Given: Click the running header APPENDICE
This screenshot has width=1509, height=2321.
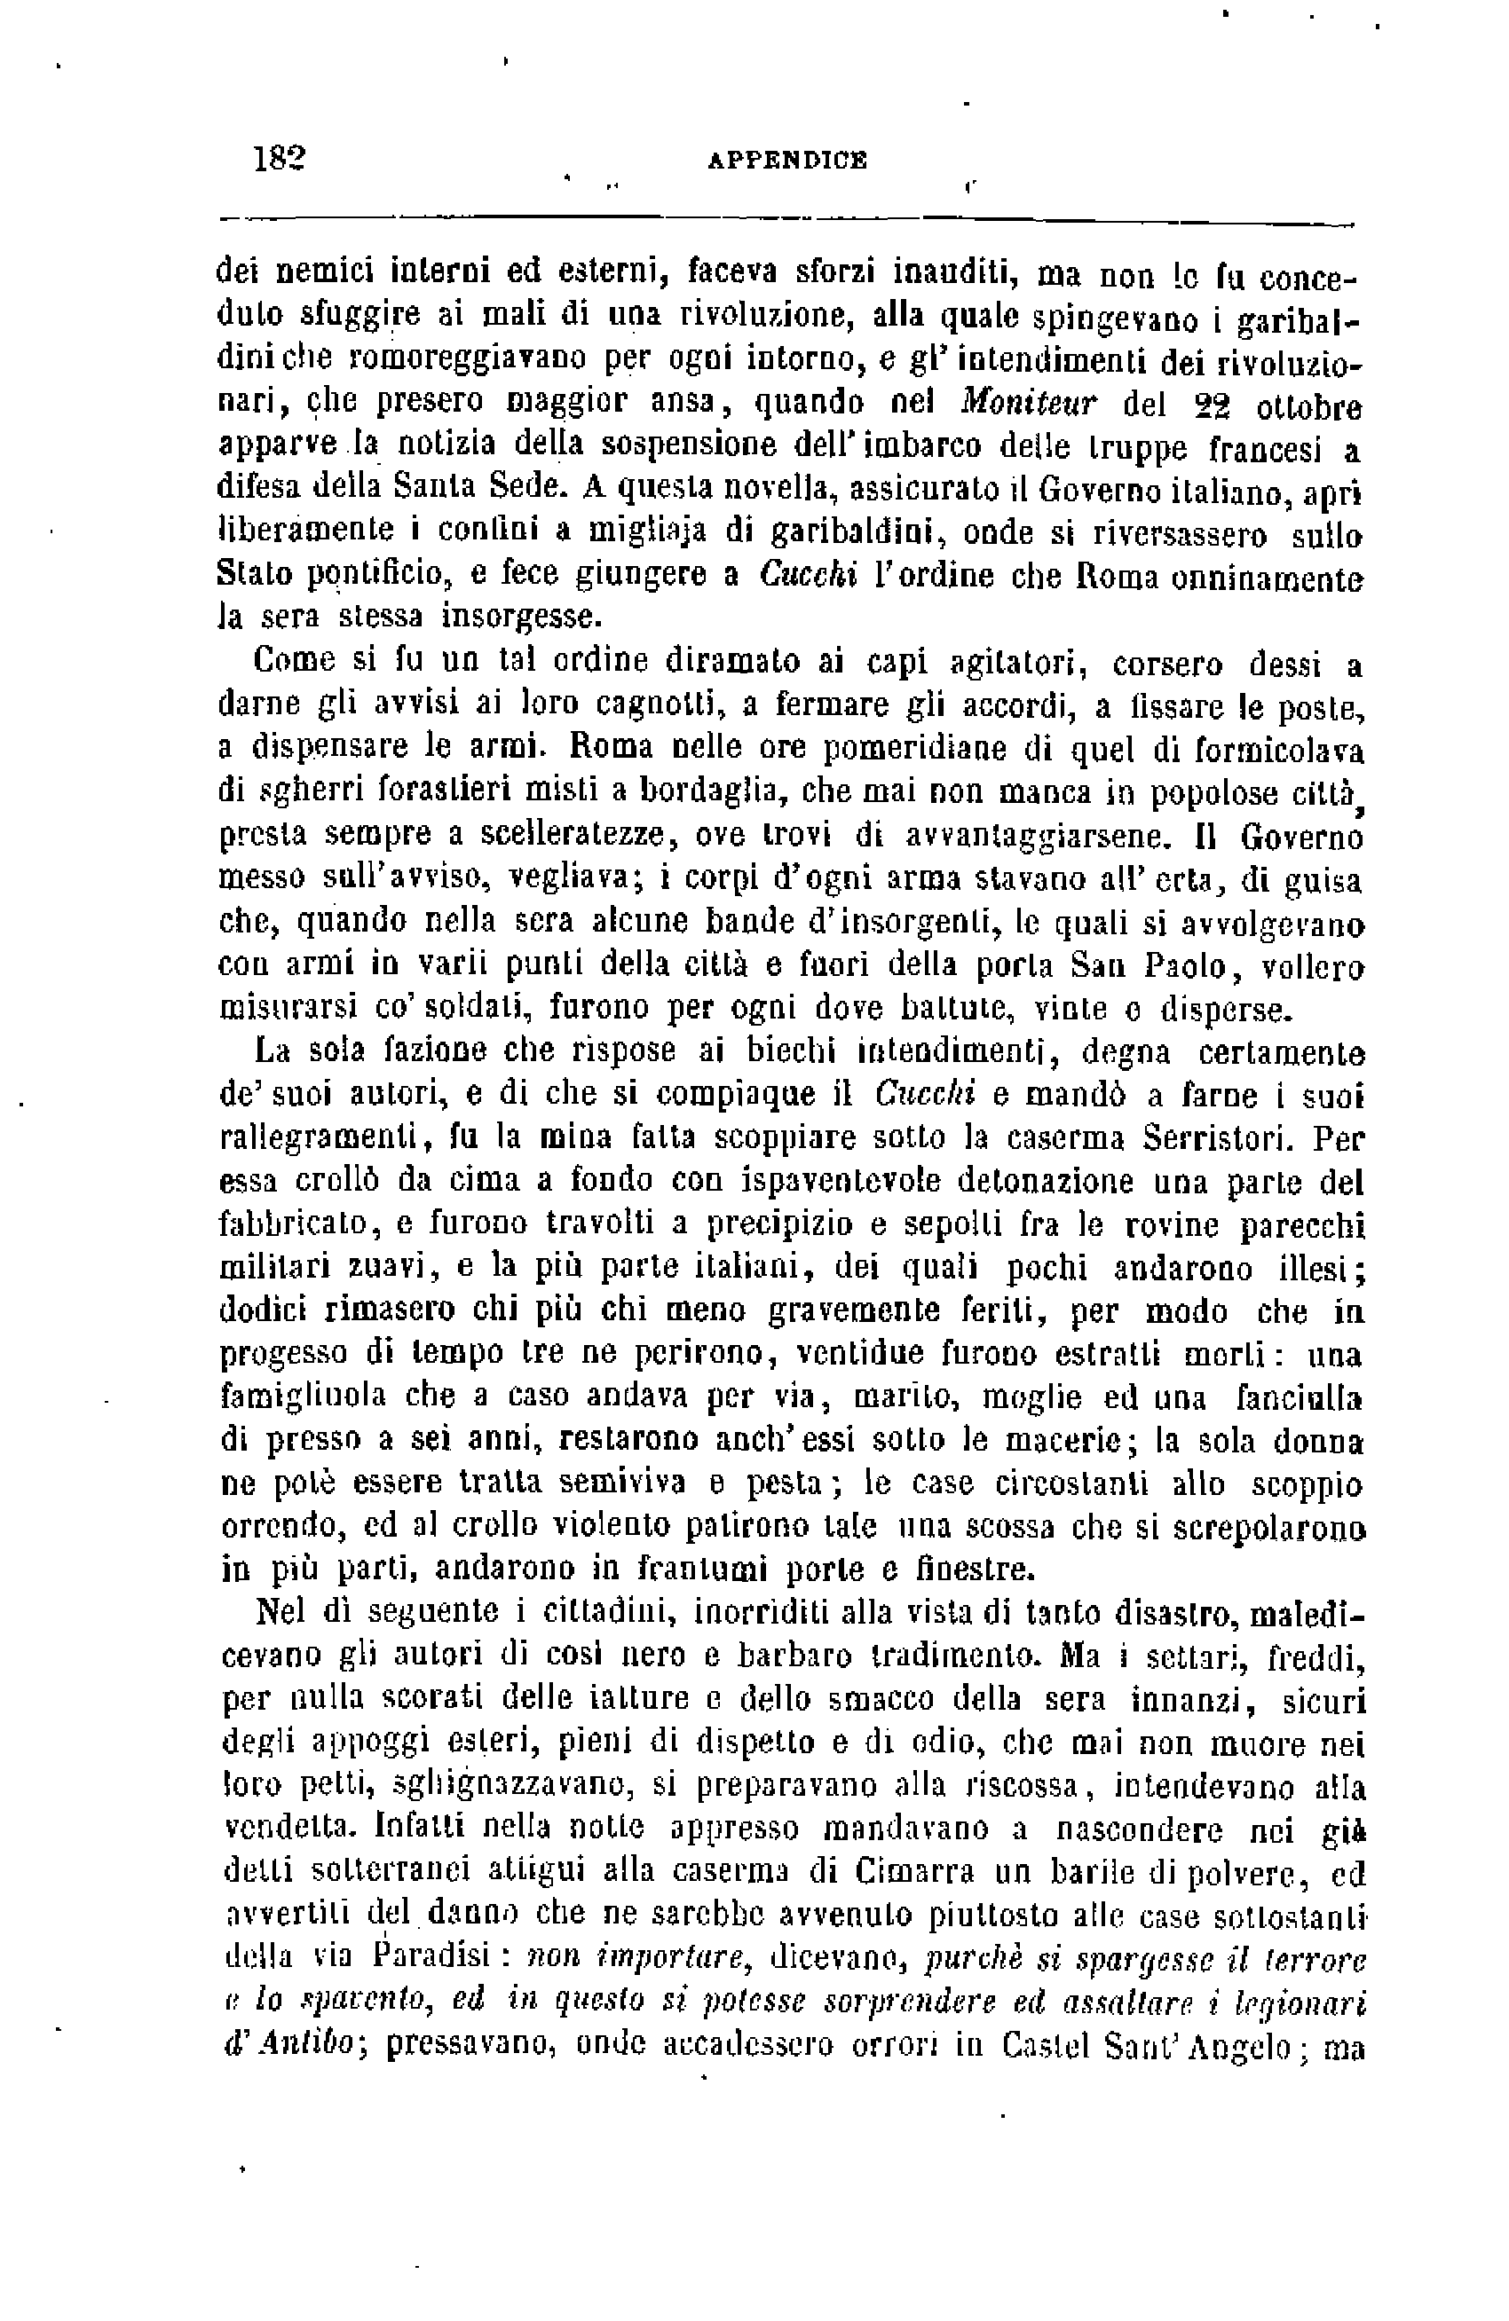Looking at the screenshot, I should (x=786, y=160).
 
